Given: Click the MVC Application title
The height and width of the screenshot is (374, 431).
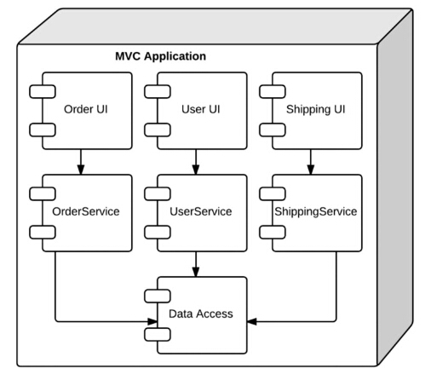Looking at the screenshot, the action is (x=160, y=56).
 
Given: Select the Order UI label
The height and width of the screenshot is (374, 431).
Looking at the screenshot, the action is (x=86, y=109).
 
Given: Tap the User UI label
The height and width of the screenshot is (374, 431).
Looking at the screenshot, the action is (x=201, y=109).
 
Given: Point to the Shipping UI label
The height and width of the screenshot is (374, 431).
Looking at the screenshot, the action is (x=316, y=110).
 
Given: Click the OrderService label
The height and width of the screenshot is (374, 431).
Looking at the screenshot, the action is (x=86, y=211).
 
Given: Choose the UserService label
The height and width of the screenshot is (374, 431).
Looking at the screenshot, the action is (x=201, y=211).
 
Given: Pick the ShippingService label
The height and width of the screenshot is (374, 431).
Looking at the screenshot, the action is (x=316, y=212).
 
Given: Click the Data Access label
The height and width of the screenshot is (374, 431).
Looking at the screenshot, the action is (x=201, y=314).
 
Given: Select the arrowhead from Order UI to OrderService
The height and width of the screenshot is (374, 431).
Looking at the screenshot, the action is (x=81, y=169).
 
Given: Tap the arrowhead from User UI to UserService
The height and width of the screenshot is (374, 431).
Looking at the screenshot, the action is (x=196, y=169).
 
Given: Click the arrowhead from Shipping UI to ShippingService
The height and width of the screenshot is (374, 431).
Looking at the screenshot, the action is (x=311, y=169).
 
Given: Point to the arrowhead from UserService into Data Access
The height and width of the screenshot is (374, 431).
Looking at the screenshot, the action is (x=196, y=271).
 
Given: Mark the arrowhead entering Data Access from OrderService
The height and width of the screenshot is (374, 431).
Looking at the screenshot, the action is (x=152, y=321).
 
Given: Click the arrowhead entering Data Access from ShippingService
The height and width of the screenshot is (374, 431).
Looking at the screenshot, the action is (x=252, y=321).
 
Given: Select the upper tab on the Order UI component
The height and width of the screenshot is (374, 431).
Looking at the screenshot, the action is (x=43, y=92).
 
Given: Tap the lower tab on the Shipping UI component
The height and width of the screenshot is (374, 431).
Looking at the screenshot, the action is (x=273, y=130).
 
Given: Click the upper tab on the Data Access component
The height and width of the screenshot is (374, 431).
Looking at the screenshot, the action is (x=158, y=296).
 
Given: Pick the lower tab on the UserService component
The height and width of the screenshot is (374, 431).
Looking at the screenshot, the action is (x=158, y=233).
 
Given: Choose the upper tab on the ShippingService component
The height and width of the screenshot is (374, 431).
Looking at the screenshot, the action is (x=273, y=194).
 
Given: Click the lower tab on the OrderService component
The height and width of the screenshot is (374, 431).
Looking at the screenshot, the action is (x=43, y=233).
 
